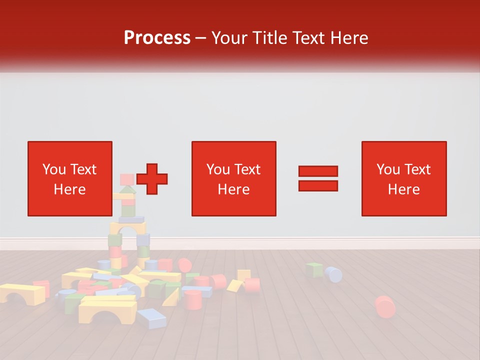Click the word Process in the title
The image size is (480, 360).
point(157,38)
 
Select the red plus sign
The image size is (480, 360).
point(152,178)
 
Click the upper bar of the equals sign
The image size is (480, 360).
point(318,171)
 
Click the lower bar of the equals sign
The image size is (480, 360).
point(318,185)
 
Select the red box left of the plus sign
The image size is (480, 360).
point(69,178)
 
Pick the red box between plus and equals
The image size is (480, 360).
point(233,178)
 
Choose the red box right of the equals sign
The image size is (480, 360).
point(403,178)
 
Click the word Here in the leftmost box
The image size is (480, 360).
point(69,189)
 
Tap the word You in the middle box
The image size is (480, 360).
point(218,169)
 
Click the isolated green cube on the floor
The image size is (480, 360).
point(314,270)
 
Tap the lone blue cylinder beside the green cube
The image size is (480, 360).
point(333,274)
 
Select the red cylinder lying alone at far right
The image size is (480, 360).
point(384,305)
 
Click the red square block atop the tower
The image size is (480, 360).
point(127,179)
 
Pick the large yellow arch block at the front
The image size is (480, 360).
point(107,308)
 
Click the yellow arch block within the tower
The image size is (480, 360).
point(128,228)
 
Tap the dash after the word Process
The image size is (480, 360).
point(201,38)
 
